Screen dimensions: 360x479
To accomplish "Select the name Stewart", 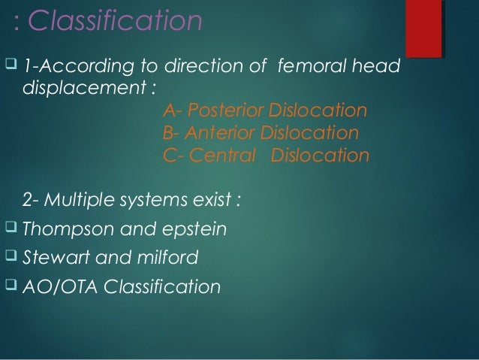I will (55, 259).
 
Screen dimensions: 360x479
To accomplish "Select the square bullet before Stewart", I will (10, 257).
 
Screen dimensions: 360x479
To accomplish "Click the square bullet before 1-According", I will (10, 68).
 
